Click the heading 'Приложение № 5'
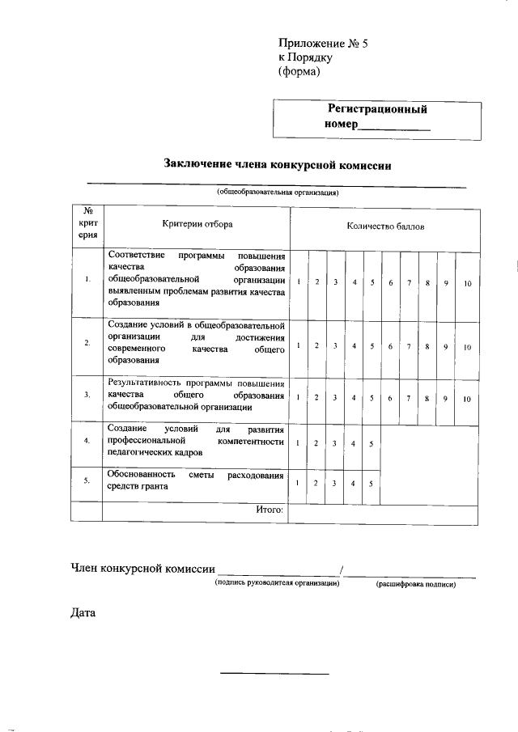click(x=316, y=44)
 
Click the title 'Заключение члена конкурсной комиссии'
click(x=278, y=165)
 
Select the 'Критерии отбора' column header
click(x=197, y=226)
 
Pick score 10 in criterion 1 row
click(x=467, y=282)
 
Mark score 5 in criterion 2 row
click(x=372, y=346)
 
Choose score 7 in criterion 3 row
click(x=410, y=398)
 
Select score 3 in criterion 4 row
click(x=335, y=443)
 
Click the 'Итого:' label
click(x=269, y=510)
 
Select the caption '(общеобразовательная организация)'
click(x=277, y=193)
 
